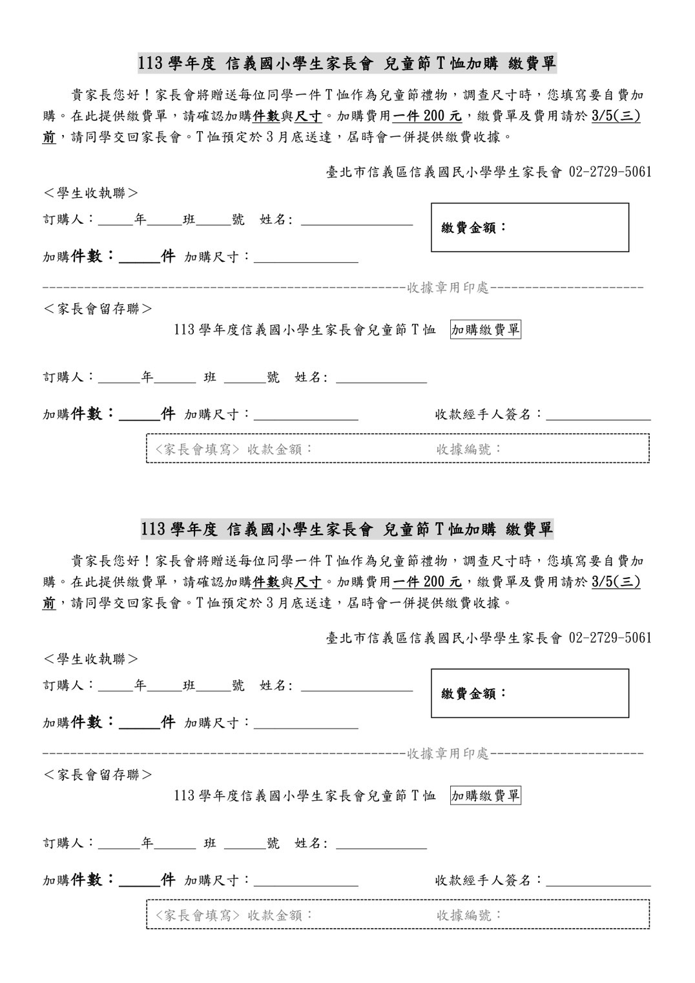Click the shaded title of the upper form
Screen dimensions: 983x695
coord(347,63)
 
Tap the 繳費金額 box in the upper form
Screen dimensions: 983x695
coord(530,227)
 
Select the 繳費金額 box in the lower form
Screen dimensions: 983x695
coord(530,693)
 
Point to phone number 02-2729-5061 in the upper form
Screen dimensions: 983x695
coord(610,172)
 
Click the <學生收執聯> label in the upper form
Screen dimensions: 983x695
coord(91,193)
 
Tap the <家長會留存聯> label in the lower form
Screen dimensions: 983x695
coord(98,774)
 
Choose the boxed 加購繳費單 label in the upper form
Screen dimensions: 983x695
coord(485,330)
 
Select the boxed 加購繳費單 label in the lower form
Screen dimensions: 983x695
coord(485,796)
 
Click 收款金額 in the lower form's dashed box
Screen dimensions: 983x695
coord(280,915)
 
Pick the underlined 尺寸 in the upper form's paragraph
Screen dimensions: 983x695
coord(308,116)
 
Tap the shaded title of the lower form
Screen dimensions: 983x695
coord(347,529)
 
